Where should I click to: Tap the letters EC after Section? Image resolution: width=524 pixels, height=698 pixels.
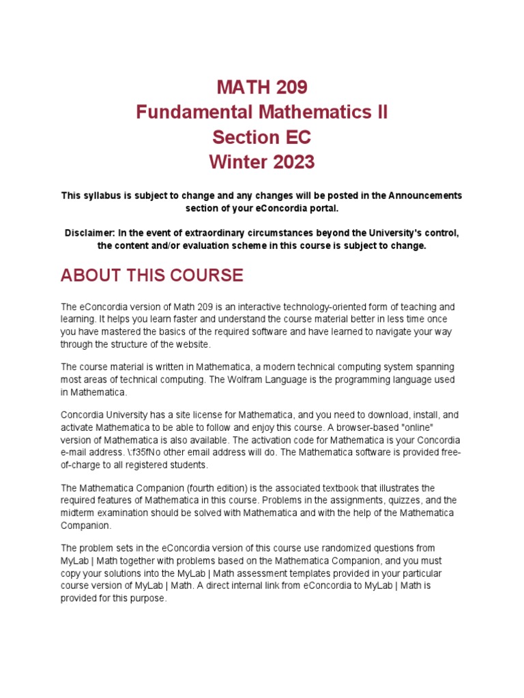tap(296, 138)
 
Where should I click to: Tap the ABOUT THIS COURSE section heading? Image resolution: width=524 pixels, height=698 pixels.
tap(151, 275)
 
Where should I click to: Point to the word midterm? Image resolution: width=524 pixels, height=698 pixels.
tap(78, 513)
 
